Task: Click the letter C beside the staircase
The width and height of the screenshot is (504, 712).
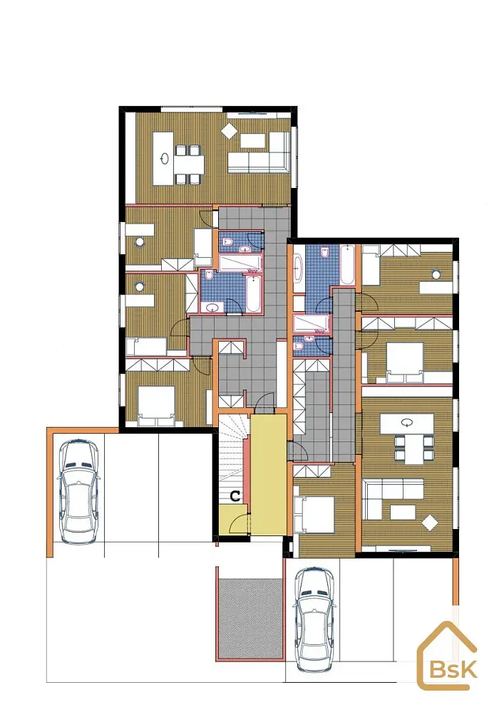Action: tap(235, 496)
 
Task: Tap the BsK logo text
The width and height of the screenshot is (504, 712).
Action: tap(453, 669)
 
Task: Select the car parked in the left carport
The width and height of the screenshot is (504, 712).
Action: tap(78, 492)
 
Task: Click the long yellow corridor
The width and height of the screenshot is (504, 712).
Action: tap(268, 474)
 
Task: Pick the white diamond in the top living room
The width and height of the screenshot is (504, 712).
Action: tap(229, 130)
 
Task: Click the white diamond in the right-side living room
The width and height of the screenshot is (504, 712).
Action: tap(429, 523)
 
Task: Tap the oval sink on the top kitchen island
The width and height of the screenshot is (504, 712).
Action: tap(165, 159)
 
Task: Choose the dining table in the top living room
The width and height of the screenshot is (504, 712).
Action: tap(188, 164)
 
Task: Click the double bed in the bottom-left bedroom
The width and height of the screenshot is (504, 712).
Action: tap(156, 406)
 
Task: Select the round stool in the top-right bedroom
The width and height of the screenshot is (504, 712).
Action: tap(436, 274)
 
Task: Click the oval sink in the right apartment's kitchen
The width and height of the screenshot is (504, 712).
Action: tap(407, 423)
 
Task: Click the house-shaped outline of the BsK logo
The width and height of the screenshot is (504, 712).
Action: tap(447, 655)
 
